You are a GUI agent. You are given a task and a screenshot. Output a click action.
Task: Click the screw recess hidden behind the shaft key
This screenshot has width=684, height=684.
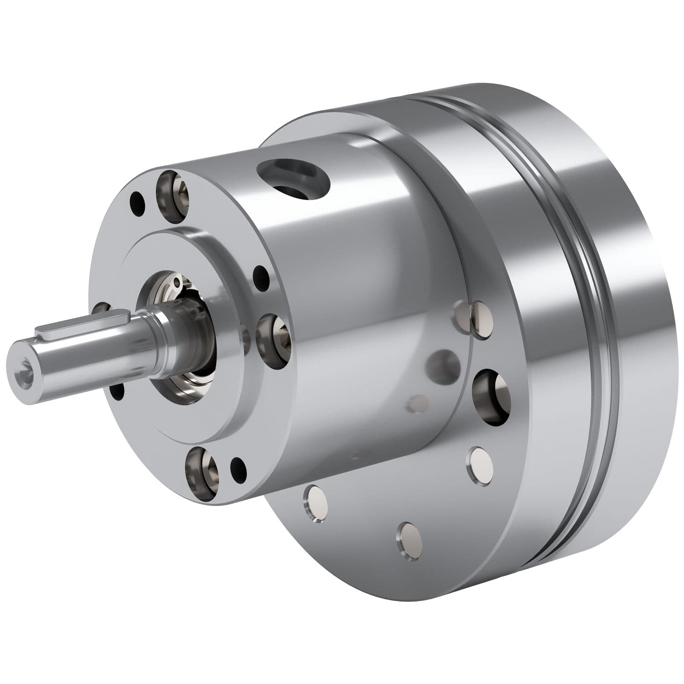click(x=101, y=310)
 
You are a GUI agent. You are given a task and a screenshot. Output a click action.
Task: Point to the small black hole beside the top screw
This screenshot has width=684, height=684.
click(x=136, y=200)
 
